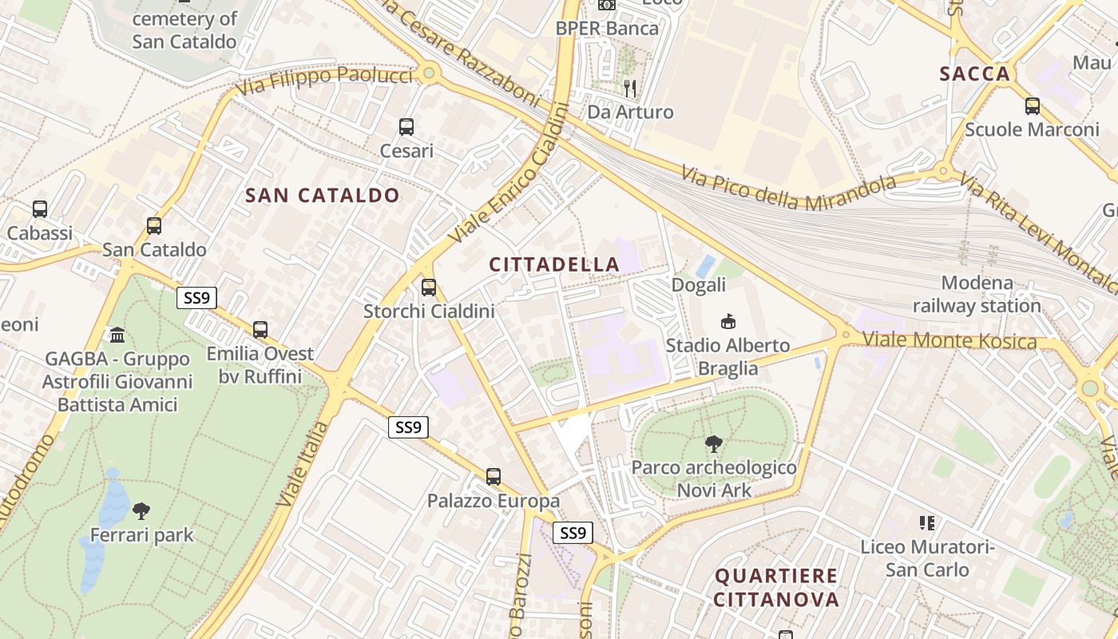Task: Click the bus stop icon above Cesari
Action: point(406,126)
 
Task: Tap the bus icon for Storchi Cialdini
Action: point(429,288)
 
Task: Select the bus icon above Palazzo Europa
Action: point(494,477)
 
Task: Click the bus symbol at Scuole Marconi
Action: point(1033,105)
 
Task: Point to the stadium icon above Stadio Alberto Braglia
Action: point(727,322)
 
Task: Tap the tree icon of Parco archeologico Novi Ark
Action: point(714,444)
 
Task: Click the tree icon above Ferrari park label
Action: point(141,510)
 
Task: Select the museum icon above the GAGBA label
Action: point(117,334)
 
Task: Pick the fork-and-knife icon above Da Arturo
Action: point(630,88)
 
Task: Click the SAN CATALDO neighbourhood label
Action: point(323,195)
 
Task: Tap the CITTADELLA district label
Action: point(554,264)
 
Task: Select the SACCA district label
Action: point(975,74)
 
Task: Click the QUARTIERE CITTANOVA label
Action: point(776,587)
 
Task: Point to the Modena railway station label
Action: point(977,294)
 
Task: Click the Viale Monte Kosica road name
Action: point(950,342)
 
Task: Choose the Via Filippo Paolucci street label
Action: point(325,81)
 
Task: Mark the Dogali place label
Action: point(699,285)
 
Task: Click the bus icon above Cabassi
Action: point(40,209)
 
